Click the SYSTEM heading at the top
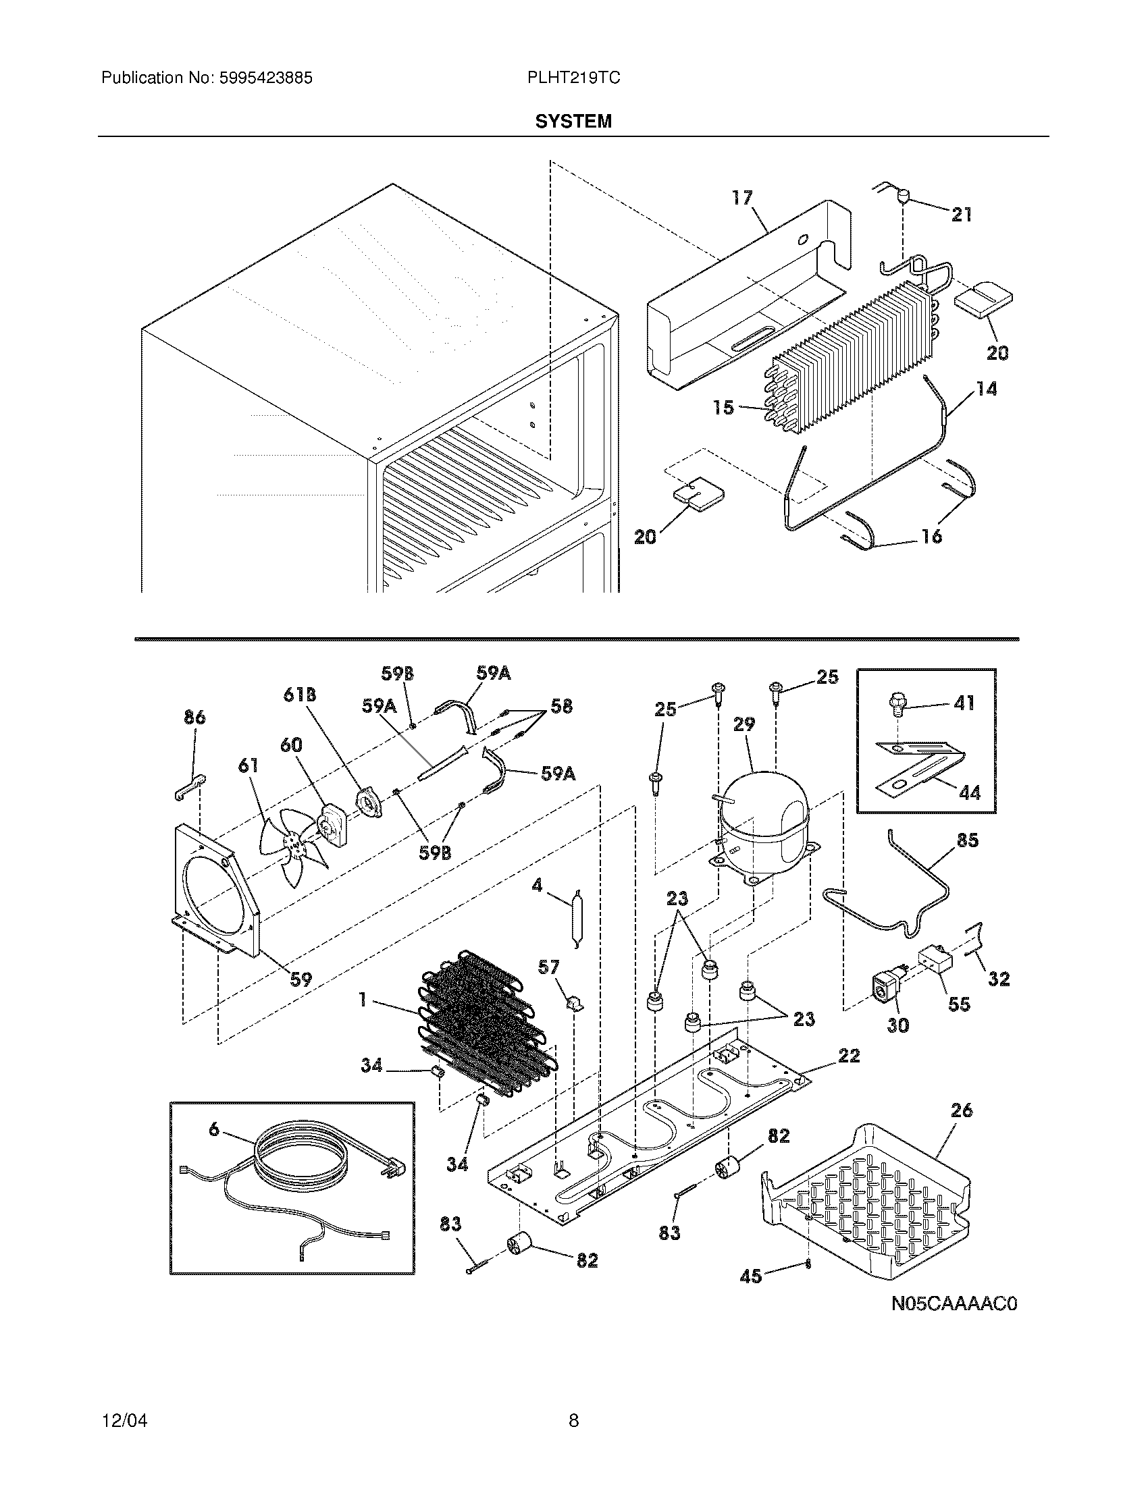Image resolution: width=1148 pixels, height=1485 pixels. (573, 122)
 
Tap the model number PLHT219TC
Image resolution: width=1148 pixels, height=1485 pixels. (573, 78)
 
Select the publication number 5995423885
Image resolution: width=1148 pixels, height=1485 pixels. (265, 78)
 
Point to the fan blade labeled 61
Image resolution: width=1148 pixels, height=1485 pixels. (289, 843)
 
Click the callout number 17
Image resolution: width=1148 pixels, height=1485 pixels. (742, 198)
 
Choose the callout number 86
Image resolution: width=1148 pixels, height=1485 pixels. (194, 718)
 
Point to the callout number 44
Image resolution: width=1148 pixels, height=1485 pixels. (970, 792)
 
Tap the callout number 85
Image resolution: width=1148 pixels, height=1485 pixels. (967, 840)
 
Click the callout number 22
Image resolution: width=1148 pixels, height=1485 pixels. (849, 1056)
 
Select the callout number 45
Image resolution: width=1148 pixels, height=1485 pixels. (751, 1276)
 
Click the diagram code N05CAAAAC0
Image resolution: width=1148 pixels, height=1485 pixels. (954, 1304)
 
